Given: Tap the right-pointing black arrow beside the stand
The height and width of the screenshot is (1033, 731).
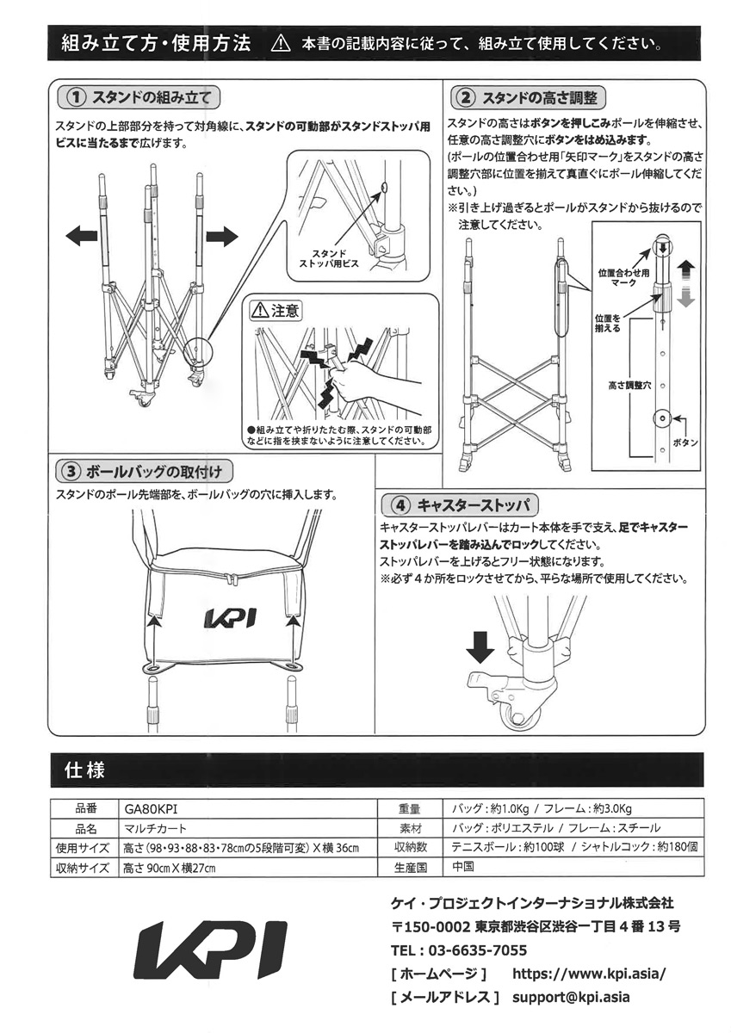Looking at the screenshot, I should (220, 236).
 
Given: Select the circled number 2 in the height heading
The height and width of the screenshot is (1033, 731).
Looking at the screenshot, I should (465, 96).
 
